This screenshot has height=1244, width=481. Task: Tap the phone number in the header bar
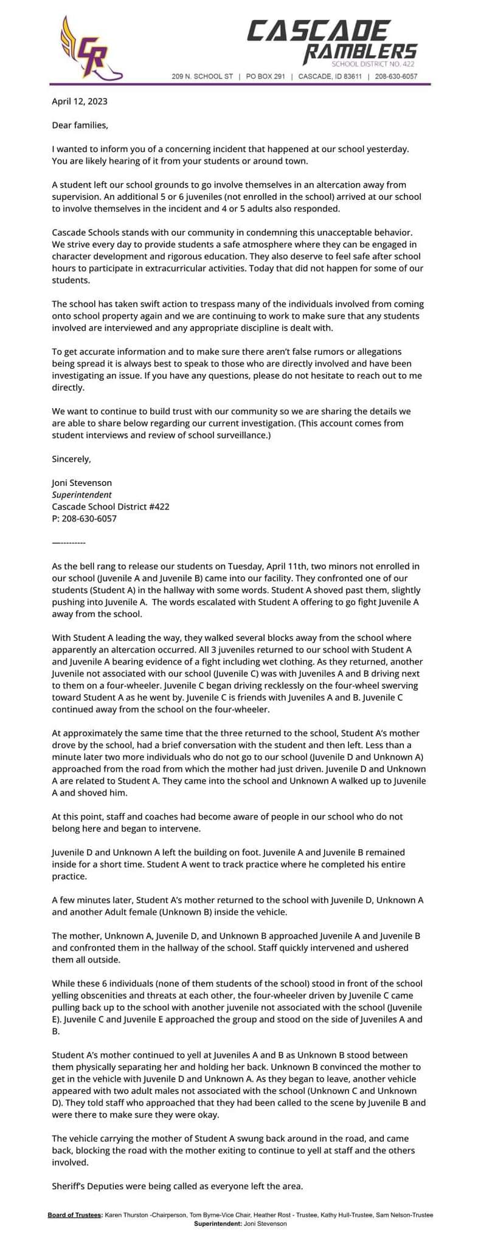396,77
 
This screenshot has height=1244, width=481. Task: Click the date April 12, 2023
80,101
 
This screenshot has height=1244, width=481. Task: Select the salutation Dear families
80,126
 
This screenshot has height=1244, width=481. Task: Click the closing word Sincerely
71,459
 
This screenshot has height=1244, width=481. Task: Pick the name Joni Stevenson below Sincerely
82,483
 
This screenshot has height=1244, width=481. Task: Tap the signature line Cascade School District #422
111,507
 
